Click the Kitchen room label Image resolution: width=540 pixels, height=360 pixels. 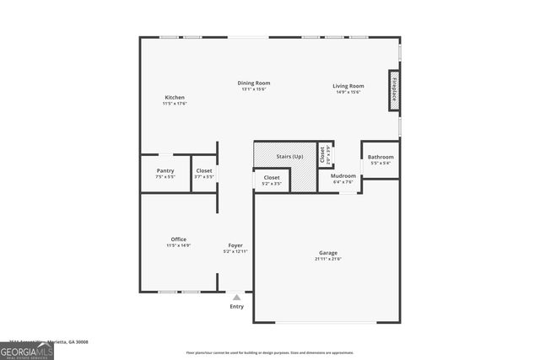coord(174,98)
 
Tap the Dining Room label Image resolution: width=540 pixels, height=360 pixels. coord(253,83)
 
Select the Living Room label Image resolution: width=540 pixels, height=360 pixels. coord(348,85)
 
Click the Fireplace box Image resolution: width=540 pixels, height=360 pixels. coord(393,92)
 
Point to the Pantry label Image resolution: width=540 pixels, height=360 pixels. coord(165,171)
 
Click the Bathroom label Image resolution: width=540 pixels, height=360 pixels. coord(380,157)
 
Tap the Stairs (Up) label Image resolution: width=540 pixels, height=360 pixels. coord(289,157)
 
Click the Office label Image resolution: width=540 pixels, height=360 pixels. coord(178,239)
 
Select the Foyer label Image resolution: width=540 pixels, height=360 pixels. coord(235,245)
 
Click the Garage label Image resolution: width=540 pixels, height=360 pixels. coord(327,253)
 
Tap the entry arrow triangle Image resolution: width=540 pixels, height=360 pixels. coord(237,298)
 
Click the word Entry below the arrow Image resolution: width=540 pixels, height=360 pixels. coord(237,306)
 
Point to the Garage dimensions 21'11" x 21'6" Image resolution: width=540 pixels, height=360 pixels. coord(327,259)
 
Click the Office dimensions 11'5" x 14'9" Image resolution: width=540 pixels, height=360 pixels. coord(178,245)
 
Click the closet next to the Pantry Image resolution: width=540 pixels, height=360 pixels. coord(204,174)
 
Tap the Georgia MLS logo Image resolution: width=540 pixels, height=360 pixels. coord(27,350)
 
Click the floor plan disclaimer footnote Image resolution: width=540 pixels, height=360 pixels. coord(269,352)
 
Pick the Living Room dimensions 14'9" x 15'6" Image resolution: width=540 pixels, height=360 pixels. coord(348,92)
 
